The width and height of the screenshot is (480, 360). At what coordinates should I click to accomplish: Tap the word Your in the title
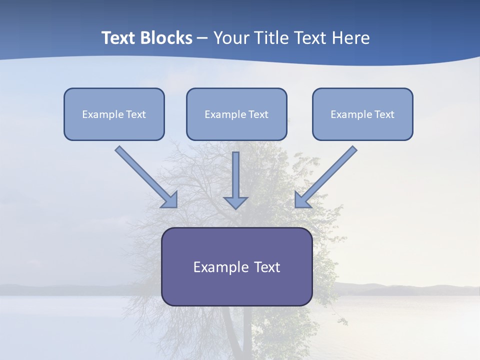point(231,38)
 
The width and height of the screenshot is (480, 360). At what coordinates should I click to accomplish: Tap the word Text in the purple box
point(267,267)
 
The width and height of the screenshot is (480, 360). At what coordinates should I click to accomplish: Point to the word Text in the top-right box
point(384,114)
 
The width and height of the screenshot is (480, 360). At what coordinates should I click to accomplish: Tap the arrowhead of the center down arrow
point(236,202)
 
